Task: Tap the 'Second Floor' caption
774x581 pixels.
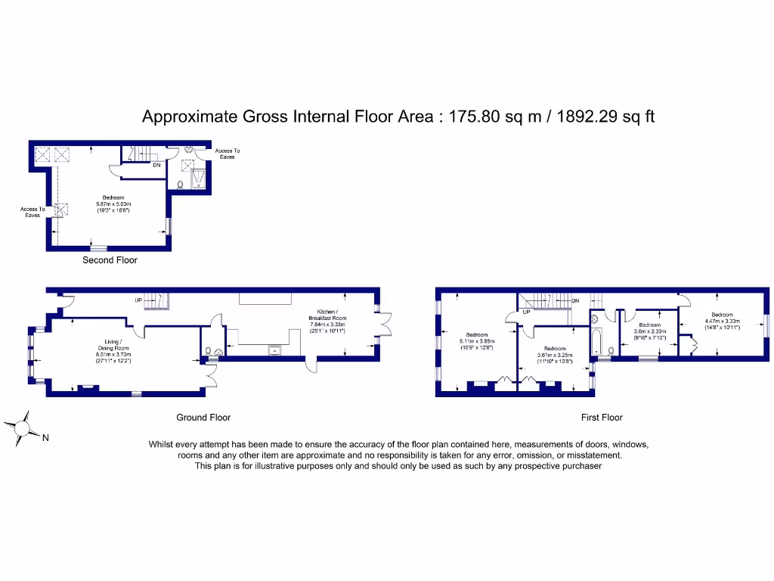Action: coord(110,260)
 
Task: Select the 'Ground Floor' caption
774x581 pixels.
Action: coord(203,418)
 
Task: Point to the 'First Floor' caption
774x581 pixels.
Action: coord(602,418)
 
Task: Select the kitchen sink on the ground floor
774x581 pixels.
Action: coord(274,350)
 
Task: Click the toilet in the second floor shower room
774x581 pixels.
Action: coord(181,184)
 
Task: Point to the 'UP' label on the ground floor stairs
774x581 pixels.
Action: coord(138,300)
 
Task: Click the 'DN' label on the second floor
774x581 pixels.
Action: coord(156,164)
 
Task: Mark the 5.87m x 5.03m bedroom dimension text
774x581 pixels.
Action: coord(113,204)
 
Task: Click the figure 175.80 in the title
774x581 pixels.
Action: coord(475,117)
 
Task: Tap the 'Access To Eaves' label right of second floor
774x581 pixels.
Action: coord(228,154)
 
